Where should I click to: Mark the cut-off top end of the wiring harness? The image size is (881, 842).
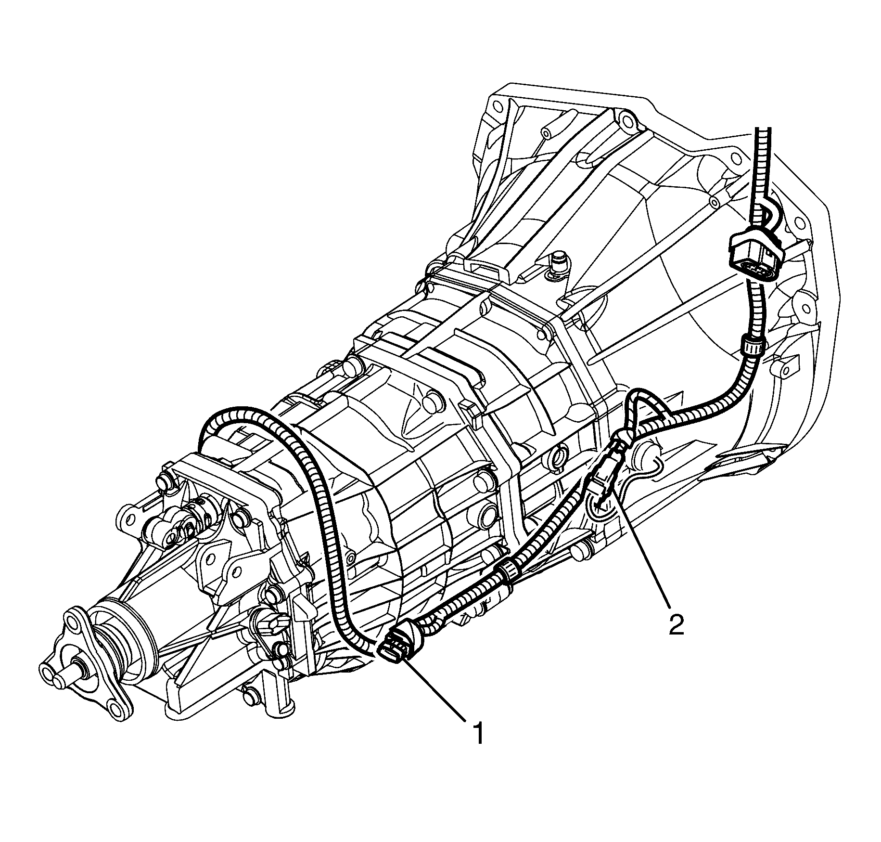(762, 129)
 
